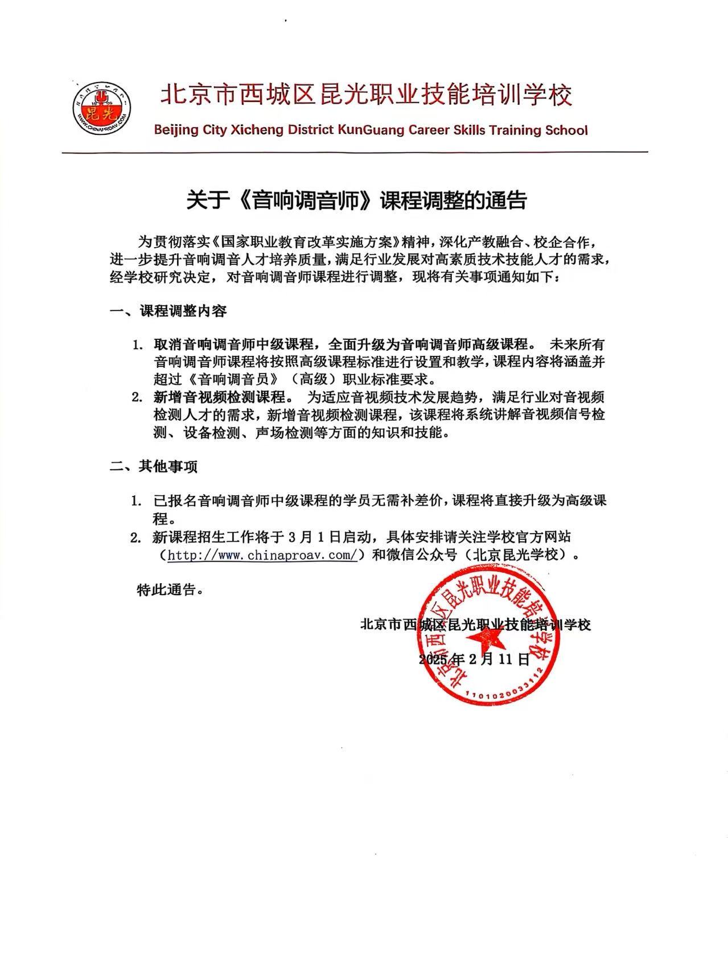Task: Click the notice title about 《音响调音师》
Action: click(357, 201)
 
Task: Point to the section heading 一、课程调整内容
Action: click(168, 311)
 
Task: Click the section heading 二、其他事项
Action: click(154, 467)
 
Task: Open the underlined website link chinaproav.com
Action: click(262, 555)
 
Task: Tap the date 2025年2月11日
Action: click(474, 659)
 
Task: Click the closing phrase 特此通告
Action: click(170, 590)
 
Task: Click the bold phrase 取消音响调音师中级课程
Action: click(234, 344)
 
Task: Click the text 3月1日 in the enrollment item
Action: click(315, 537)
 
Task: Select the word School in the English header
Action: click(566, 130)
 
